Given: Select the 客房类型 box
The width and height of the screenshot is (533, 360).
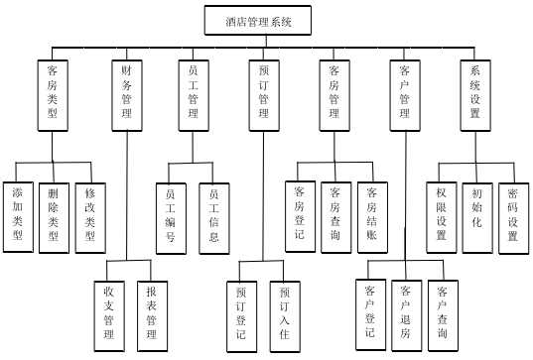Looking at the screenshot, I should coord(52,96).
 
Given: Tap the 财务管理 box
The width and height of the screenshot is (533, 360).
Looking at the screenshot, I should coord(126,96).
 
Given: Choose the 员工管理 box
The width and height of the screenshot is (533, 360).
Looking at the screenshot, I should coord(195,96).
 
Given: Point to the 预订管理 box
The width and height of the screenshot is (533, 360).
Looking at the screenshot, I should coord(263,96).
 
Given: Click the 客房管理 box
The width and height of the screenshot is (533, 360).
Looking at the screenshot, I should coord(334,96).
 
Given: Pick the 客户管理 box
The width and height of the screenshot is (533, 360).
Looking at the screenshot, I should coord(405,96).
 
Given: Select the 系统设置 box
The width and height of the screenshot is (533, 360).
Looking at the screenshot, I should coord(475,96).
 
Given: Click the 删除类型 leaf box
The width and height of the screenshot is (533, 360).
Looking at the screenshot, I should coord(54,216).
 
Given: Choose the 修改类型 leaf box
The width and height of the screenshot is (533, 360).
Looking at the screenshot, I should coord(90,216).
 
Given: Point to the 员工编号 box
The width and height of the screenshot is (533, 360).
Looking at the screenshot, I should coord(171,216).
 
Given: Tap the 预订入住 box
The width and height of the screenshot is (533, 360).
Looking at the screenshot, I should coord(284,317).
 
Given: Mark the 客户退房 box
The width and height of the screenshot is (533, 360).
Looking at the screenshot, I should coord(405,312).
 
